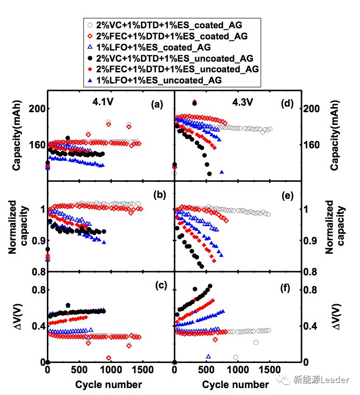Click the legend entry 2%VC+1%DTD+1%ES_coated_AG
[169, 25]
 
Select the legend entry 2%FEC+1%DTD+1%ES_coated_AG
[172, 36]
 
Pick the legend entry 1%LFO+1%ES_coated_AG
[153, 47]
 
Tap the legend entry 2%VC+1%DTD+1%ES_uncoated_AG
[174, 58]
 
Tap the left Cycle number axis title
[109, 384]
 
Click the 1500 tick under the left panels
[142, 371]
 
